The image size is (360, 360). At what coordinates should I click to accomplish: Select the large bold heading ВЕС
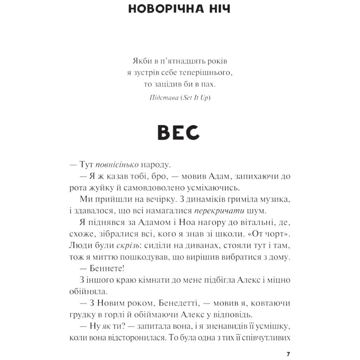click(x=179, y=133)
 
